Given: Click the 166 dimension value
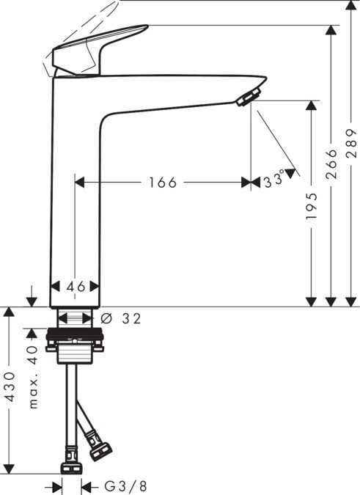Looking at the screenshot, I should [x=162, y=183].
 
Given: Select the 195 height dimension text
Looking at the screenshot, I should [x=312, y=208].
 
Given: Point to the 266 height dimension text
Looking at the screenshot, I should [x=331, y=164].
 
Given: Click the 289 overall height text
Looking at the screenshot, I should [x=352, y=143].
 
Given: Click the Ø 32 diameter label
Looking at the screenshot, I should [x=120, y=318].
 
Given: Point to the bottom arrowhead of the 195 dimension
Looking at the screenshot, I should [x=312, y=301].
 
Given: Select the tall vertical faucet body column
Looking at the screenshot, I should [x=75, y=191].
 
